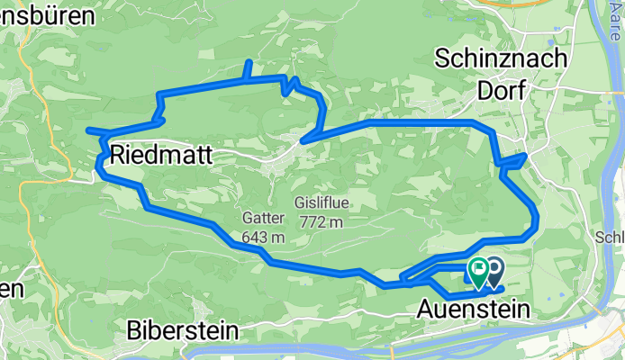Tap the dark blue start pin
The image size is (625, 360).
coord(494,268)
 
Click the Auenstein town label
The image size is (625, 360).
coord(473,310)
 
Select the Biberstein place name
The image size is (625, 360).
coord(184,330)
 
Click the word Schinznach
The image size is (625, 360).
coord(501,58)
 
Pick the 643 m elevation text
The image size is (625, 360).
coord(263,238)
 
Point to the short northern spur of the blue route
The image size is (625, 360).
coord(249,69)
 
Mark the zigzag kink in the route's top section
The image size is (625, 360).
coord(289,85)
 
